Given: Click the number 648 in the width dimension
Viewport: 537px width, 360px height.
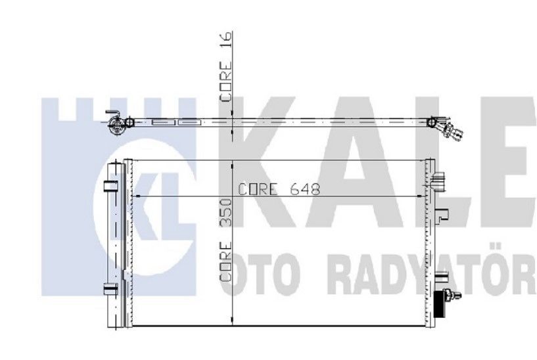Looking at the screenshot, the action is [x=305, y=189].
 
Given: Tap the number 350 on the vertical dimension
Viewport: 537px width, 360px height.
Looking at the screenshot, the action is [x=225, y=212].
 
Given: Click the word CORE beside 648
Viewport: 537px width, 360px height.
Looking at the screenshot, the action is [x=258, y=189].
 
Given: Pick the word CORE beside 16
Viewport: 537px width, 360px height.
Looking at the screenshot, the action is [x=225, y=81].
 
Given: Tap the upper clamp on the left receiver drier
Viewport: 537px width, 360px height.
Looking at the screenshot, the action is [x=110, y=186].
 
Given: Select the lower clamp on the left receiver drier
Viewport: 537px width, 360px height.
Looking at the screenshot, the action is [x=110, y=289].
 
